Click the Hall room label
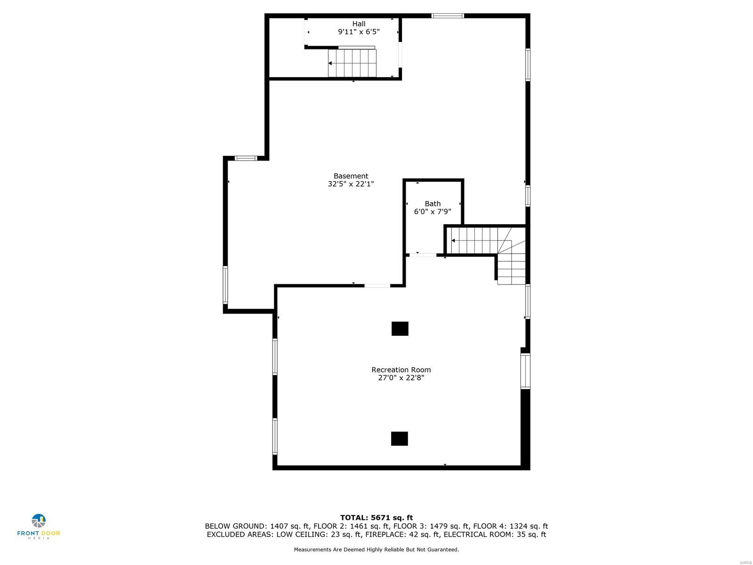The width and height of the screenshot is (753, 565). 359,24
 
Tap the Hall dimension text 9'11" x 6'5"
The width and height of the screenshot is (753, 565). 359,32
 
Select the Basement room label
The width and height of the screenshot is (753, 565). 351,176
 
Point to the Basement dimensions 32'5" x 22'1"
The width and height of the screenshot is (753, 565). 351,184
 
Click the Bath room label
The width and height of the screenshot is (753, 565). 433,204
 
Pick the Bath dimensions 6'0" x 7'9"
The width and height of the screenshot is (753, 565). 433,212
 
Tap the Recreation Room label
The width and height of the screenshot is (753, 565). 401,370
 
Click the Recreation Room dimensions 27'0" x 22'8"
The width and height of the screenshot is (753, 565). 401,378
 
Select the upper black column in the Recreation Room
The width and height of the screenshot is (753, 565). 400,329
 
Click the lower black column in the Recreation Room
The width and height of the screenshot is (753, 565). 399,438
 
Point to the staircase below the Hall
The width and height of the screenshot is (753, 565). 352,63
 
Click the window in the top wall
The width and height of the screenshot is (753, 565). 448,16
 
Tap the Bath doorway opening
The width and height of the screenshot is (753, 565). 423,255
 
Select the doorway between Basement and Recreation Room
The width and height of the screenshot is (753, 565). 377,285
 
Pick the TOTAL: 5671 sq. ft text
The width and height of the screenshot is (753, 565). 376,518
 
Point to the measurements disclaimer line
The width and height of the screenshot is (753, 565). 376,549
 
